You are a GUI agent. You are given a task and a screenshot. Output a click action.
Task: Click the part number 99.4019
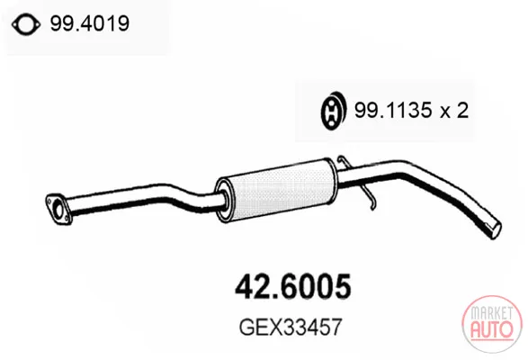click(x=90, y=23)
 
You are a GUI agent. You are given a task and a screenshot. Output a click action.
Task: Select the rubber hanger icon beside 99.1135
click(x=333, y=110)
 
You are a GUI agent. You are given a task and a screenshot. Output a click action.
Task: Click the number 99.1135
click(x=393, y=110)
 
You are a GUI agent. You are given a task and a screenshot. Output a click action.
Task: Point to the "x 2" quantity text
click(x=454, y=110)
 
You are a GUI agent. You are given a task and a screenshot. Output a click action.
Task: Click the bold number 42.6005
click(x=293, y=286)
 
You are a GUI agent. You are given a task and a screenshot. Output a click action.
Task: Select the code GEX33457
click(x=291, y=327)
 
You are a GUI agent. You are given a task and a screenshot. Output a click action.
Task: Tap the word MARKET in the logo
click(x=492, y=313)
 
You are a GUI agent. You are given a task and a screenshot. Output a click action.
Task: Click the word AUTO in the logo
click(x=492, y=329)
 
